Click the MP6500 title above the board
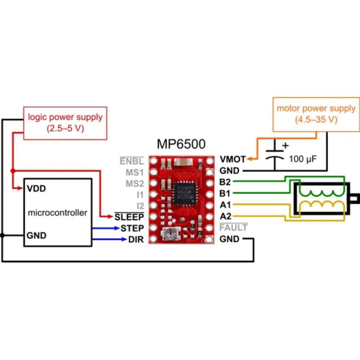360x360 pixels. pyautogui.click(x=181, y=144)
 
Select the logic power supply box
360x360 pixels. pyautogui.click(x=65, y=123)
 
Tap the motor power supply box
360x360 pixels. pyautogui.click(x=316, y=114)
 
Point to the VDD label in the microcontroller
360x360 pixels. pyautogui.click(x=36, y=189)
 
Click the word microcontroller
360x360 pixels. pyautogui.click(x=58, y=213)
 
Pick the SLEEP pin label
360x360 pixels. pyautogui.click(x=129, y=217)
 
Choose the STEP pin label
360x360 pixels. pyautogui.click(x=132, y=228)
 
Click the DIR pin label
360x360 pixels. pyautogui.click(x=136, y=239)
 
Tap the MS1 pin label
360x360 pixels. pyautogui.click(x=135, y=172)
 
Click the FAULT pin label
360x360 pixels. pyautogui.click(x=233, y=228)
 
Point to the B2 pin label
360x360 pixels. pyautogui.click(x=225, y=182)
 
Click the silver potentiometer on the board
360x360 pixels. pyautogui.click(x=169, y=235)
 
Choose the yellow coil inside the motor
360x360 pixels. pyautogui.click(x=321, y=206)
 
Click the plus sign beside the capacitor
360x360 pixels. pyautogui.click(x=285, y=146)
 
